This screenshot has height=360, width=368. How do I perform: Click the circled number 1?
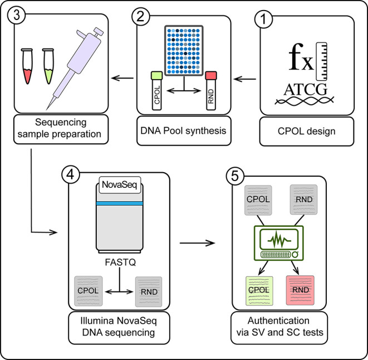[x=263, y=20]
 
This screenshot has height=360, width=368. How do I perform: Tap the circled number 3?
[x=17, y=15]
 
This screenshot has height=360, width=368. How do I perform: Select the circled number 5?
[x=235, y=176]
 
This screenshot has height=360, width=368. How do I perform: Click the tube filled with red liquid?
[x=27, y=66]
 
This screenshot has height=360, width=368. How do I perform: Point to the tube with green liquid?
[x=48, y=66]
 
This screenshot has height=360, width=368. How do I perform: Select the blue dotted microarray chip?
[x=184, y=51]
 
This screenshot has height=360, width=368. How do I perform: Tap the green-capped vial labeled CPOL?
[x=157, y=91]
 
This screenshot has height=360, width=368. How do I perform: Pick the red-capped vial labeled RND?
[x=211, y=91]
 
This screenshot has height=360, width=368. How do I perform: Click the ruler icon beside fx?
[x=321, y=61]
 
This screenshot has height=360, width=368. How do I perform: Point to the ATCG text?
[x=305, y=90]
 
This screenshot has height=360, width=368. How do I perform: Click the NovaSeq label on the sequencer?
[x=120, y=185]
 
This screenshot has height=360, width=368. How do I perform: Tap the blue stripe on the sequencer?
[x=120, y=203]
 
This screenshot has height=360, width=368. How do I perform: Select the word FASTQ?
[x=120, y=262]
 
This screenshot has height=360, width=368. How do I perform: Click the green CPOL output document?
[x=259, y=291]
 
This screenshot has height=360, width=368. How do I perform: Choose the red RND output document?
[x=300, y=290]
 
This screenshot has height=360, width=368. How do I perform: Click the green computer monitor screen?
[x=279, y=240]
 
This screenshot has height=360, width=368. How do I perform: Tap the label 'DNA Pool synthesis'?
[x=183, y=130]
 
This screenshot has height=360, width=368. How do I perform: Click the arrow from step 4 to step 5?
[x=198, y=243]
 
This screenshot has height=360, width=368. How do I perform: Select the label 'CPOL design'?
[x=307, y=131]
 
